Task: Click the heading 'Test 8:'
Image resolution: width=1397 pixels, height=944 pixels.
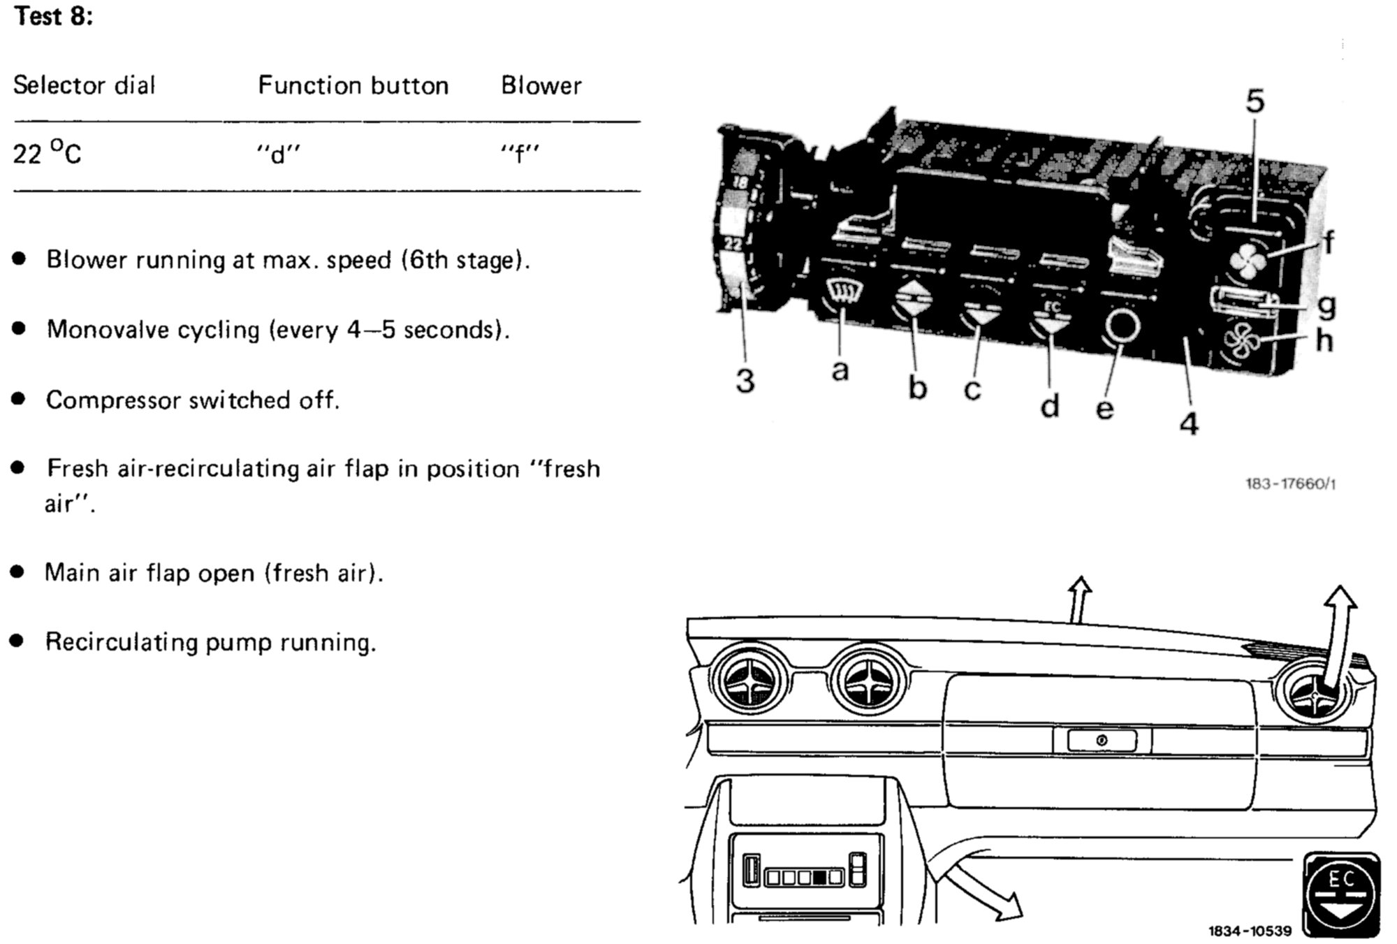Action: (x=53, y=16)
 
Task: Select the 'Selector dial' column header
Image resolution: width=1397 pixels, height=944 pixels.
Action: (x=84, y=85)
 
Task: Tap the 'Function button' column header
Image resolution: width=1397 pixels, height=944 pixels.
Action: (x=353, y=85)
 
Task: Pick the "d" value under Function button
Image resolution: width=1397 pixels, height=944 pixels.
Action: (x=278, y=153)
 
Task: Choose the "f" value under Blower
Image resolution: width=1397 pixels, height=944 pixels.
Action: (x=520, y=153)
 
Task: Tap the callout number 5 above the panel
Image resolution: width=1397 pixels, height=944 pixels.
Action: (x=1255, y=102)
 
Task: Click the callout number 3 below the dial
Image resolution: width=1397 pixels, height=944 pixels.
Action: (x=745, y=382)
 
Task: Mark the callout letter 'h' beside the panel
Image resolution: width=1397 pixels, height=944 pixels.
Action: (x=1324, y=341)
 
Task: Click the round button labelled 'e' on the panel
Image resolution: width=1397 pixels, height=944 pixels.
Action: (x=1122, y=326)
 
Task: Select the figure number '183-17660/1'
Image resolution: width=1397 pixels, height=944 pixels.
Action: (x=1290, y=484)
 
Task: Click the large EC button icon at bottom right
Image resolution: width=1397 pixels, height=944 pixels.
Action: (x=1341, y=895)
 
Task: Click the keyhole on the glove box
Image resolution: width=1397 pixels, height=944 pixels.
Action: (x=1102, y=740)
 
